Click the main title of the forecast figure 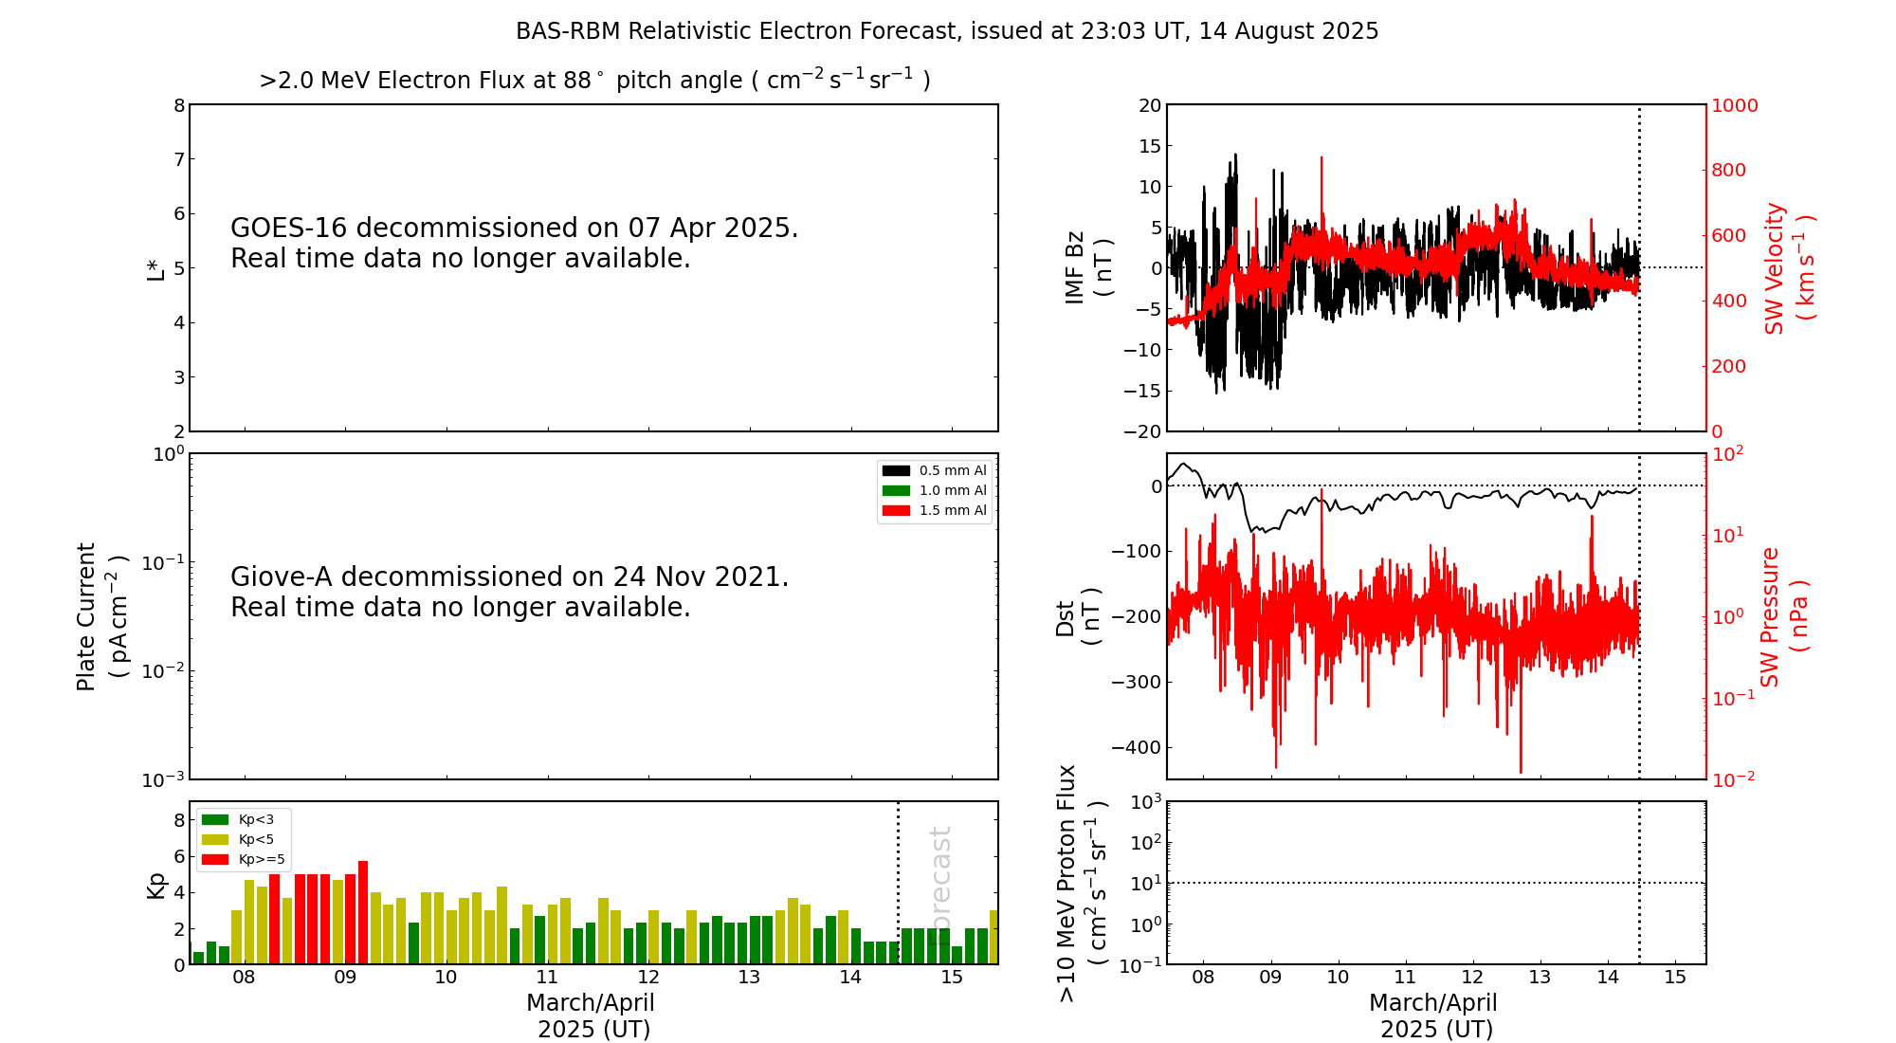[x=946, y=31]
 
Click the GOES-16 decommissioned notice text [x=514, y=243]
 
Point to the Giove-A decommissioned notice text [x=509, y=592]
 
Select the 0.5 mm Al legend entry [x=934, y=470]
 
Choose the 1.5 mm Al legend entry [x=934, y=510]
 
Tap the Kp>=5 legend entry [x=242, y=859]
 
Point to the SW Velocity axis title [x=1788, y=268]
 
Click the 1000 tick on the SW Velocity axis [x=1734, y=105]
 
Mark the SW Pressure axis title [x=1784, y=616]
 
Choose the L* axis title [x=155, y=268]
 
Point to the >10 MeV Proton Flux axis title [x=1082, y=883]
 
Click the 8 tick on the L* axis [x=179, y=105]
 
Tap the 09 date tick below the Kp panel [x=345, y=978]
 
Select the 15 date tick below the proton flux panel [x=1675, y=978]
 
